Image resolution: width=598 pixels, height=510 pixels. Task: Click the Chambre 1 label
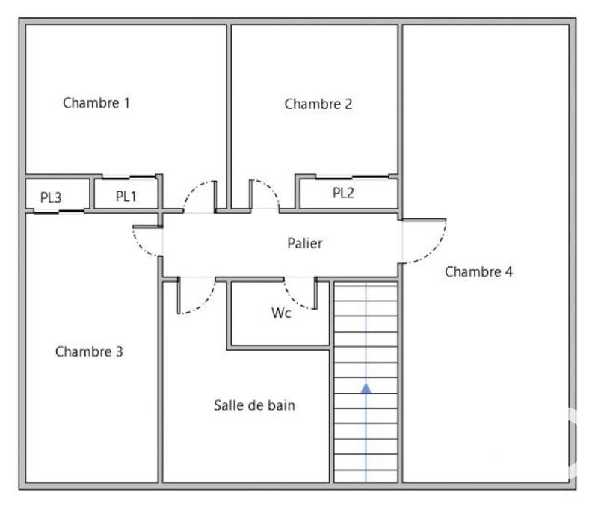point(96,103)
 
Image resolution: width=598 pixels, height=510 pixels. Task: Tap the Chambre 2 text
point(318,104)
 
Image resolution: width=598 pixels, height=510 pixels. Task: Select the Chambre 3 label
point(89,351)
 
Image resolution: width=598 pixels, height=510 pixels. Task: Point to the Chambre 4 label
point(478,271)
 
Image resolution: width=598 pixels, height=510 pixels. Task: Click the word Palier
point(305,243)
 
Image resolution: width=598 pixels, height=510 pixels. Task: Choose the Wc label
point(281,313)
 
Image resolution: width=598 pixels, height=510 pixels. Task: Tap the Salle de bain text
point(254,405)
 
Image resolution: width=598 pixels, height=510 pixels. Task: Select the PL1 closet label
point(126,197)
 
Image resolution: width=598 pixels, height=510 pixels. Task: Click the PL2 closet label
point(343,193)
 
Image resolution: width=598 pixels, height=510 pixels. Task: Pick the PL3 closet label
point(51,198)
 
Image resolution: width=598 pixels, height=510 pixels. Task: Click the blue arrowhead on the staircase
point(366,387)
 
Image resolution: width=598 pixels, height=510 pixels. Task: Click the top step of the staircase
point(366,290)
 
